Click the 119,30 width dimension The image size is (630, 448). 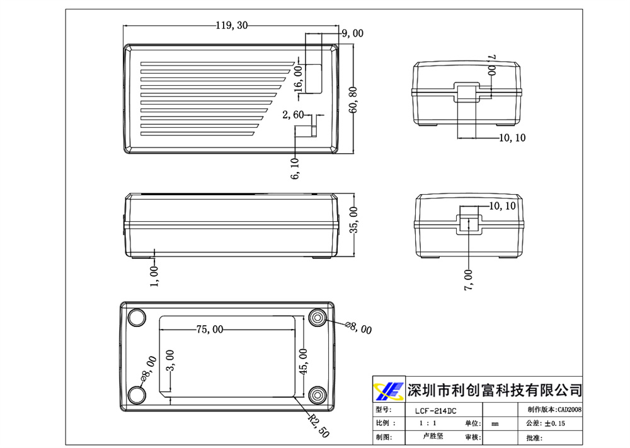point(232,26)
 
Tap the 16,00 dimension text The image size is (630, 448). point(299,78)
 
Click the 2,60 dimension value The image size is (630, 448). point(293,115)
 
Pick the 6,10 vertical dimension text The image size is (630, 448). point(295,168)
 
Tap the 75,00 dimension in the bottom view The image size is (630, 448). point(210,329)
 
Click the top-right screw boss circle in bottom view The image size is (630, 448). point(318,317)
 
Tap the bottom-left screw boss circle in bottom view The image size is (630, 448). point(137,395)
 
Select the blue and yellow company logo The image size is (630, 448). point(388,391)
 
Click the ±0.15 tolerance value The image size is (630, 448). point(554,424)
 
